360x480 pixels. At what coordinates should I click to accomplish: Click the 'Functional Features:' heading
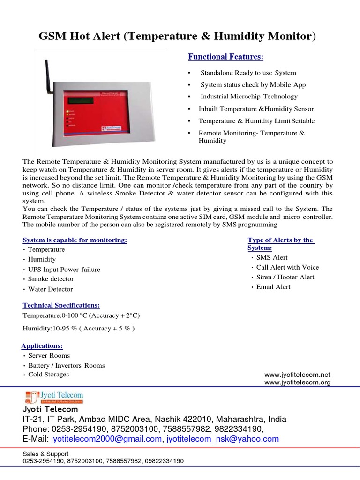(225, 57)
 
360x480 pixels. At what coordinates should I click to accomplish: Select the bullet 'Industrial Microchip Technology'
(249, 97)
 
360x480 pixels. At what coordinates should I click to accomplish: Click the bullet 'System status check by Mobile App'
(253, 85)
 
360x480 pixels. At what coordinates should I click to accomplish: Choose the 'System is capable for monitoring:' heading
(75, 240)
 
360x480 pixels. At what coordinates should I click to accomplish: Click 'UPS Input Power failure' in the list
(64, 270)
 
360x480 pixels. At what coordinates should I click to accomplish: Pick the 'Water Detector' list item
(51, 289)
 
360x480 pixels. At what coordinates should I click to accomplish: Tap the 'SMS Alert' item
(272, 257)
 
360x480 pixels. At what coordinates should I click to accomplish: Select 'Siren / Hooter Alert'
(285, 277)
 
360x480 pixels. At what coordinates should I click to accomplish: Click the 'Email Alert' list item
(273, 287)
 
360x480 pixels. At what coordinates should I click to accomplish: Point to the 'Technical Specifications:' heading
(61, 305)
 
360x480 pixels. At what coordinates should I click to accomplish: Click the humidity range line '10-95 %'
(79, 328)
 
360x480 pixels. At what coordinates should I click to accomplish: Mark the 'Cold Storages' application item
(48, 375)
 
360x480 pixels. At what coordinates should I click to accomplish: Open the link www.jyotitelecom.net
(297, 375)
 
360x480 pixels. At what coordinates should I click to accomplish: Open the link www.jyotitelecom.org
(297, 382)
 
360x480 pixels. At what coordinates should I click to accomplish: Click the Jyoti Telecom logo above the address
(54, 397)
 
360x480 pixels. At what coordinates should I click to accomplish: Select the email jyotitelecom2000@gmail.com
(106, 439)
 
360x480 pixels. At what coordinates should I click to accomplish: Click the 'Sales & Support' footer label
(45, 454)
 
